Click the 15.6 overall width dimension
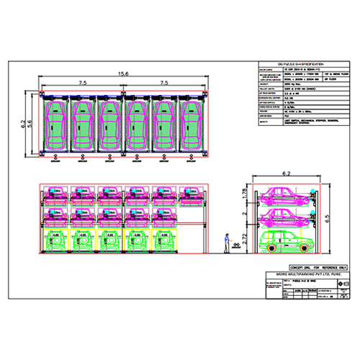point(123,73)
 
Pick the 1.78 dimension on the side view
point(244,194)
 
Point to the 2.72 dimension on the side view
point(244,239)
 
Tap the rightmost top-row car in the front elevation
point(192,194)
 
